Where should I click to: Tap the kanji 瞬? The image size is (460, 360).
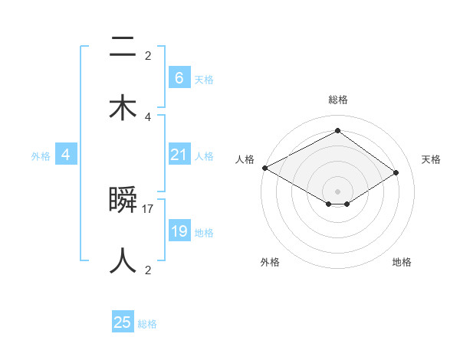[123, 200]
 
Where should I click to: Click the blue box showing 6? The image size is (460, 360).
[179, 77]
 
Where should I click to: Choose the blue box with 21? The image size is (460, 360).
[179, 155]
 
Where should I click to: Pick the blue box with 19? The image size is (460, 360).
[179, 231]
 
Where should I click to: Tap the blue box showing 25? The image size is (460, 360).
[123, 322]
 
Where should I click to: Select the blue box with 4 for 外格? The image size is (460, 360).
[66, 155]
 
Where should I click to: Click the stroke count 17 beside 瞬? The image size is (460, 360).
[148, 208]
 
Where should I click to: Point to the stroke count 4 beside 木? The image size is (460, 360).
[148, 116]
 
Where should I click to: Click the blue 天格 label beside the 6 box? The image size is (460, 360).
[204, 79]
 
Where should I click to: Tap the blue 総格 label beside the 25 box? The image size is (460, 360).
[147, 324]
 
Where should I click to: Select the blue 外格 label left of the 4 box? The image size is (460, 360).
[41, 156]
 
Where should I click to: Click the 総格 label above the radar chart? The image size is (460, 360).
[337, 100]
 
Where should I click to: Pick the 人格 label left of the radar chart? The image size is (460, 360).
[245, 159]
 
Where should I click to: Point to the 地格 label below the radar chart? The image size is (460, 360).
[402, 262]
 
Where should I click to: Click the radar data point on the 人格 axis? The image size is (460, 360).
[264, 168]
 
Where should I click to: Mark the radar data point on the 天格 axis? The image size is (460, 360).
[396, 173]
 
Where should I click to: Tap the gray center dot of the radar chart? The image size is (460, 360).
[337, 191]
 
